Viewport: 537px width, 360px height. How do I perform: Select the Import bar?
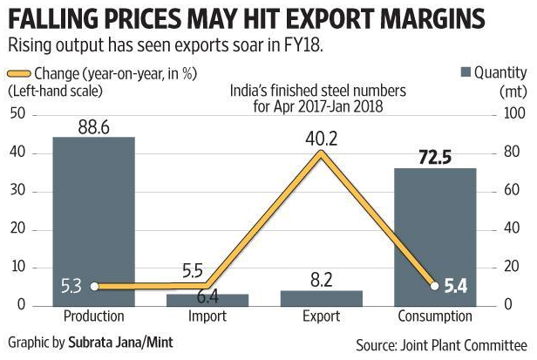207,299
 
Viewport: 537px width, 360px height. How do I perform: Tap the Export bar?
321,297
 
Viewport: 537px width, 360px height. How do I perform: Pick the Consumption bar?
437,236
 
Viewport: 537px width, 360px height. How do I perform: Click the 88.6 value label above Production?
94,126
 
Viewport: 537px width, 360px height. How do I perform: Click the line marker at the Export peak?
322,153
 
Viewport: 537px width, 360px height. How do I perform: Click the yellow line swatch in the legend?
19,72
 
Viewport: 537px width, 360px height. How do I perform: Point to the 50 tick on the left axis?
17,114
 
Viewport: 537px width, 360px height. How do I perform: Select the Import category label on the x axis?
207,316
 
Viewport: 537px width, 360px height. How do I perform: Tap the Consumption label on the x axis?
437,316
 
